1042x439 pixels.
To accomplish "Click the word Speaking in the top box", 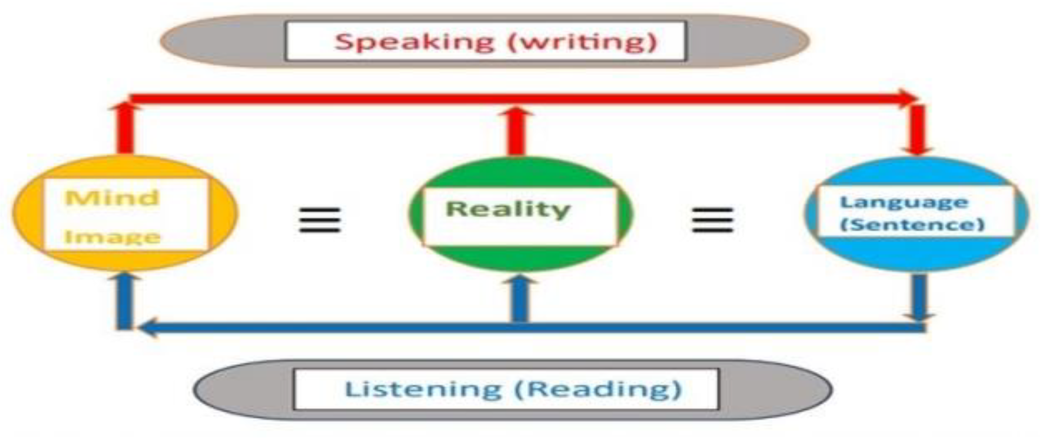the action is tap(415, 42).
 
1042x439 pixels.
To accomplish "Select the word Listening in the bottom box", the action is tap(423, 389).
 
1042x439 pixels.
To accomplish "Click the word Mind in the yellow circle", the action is tap(113, 198).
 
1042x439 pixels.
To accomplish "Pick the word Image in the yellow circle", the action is tap(113, 237).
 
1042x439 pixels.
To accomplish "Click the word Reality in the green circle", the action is tap(508, 209).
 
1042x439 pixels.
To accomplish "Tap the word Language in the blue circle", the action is tap(904, 202).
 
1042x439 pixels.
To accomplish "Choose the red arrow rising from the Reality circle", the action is tap(516, 131).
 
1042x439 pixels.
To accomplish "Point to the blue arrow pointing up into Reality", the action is tap(520, 299).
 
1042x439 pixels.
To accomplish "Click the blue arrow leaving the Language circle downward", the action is tap(919, 297).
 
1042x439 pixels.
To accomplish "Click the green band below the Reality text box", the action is tap(520, 258).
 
